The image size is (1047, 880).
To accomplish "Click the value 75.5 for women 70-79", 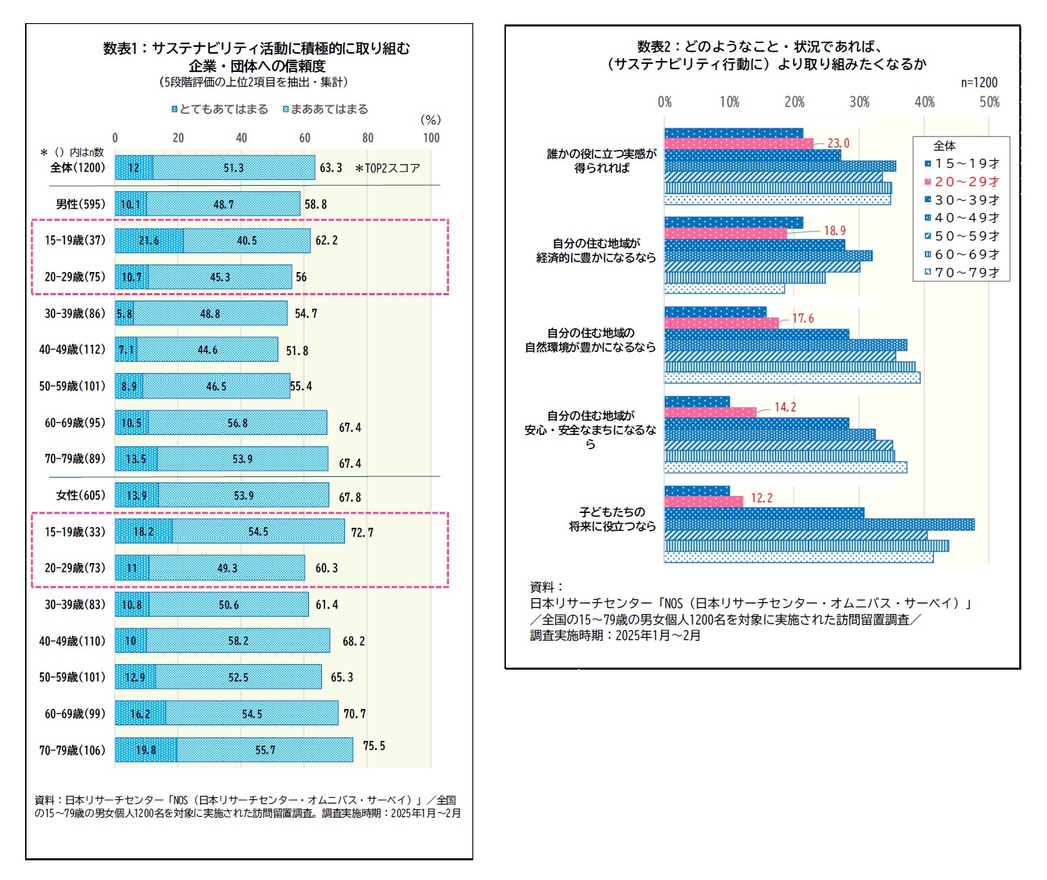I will [x=373, y=746].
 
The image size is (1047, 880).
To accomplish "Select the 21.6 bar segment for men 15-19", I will [x=149, y=241].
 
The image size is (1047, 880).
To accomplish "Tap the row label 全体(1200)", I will [x=77, y=167].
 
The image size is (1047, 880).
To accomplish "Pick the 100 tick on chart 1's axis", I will [x=430, y=138].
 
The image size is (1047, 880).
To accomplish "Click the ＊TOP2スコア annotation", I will [x=388, y=168].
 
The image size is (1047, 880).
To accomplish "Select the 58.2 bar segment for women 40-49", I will [x=238, y=641].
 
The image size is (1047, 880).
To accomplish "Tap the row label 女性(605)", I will [x=81, y=495].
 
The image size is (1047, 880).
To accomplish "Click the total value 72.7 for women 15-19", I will [x=362, y=533].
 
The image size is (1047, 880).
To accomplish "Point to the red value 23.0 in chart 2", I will [x=838, y=143].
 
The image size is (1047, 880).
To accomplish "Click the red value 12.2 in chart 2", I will [x=761, y=498].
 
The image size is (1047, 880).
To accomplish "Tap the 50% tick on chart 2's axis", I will [x=989, y=102].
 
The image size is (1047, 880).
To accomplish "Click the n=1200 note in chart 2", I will [x=978, y=83].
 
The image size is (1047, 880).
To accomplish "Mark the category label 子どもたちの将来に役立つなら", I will [x=612, y=519].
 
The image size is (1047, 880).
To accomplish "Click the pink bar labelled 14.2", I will [x=710, y=412].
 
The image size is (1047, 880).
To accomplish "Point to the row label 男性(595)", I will [x=81, y=204].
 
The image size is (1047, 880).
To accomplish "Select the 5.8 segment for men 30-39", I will [x=124, y=313].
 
